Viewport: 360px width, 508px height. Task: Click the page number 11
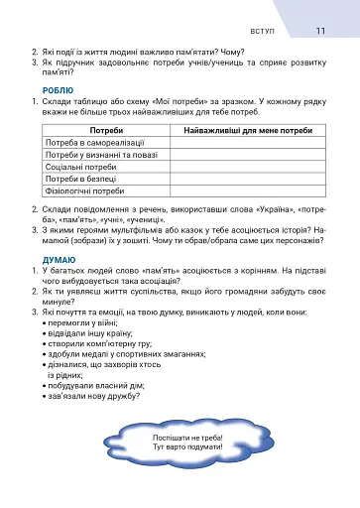320,31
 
